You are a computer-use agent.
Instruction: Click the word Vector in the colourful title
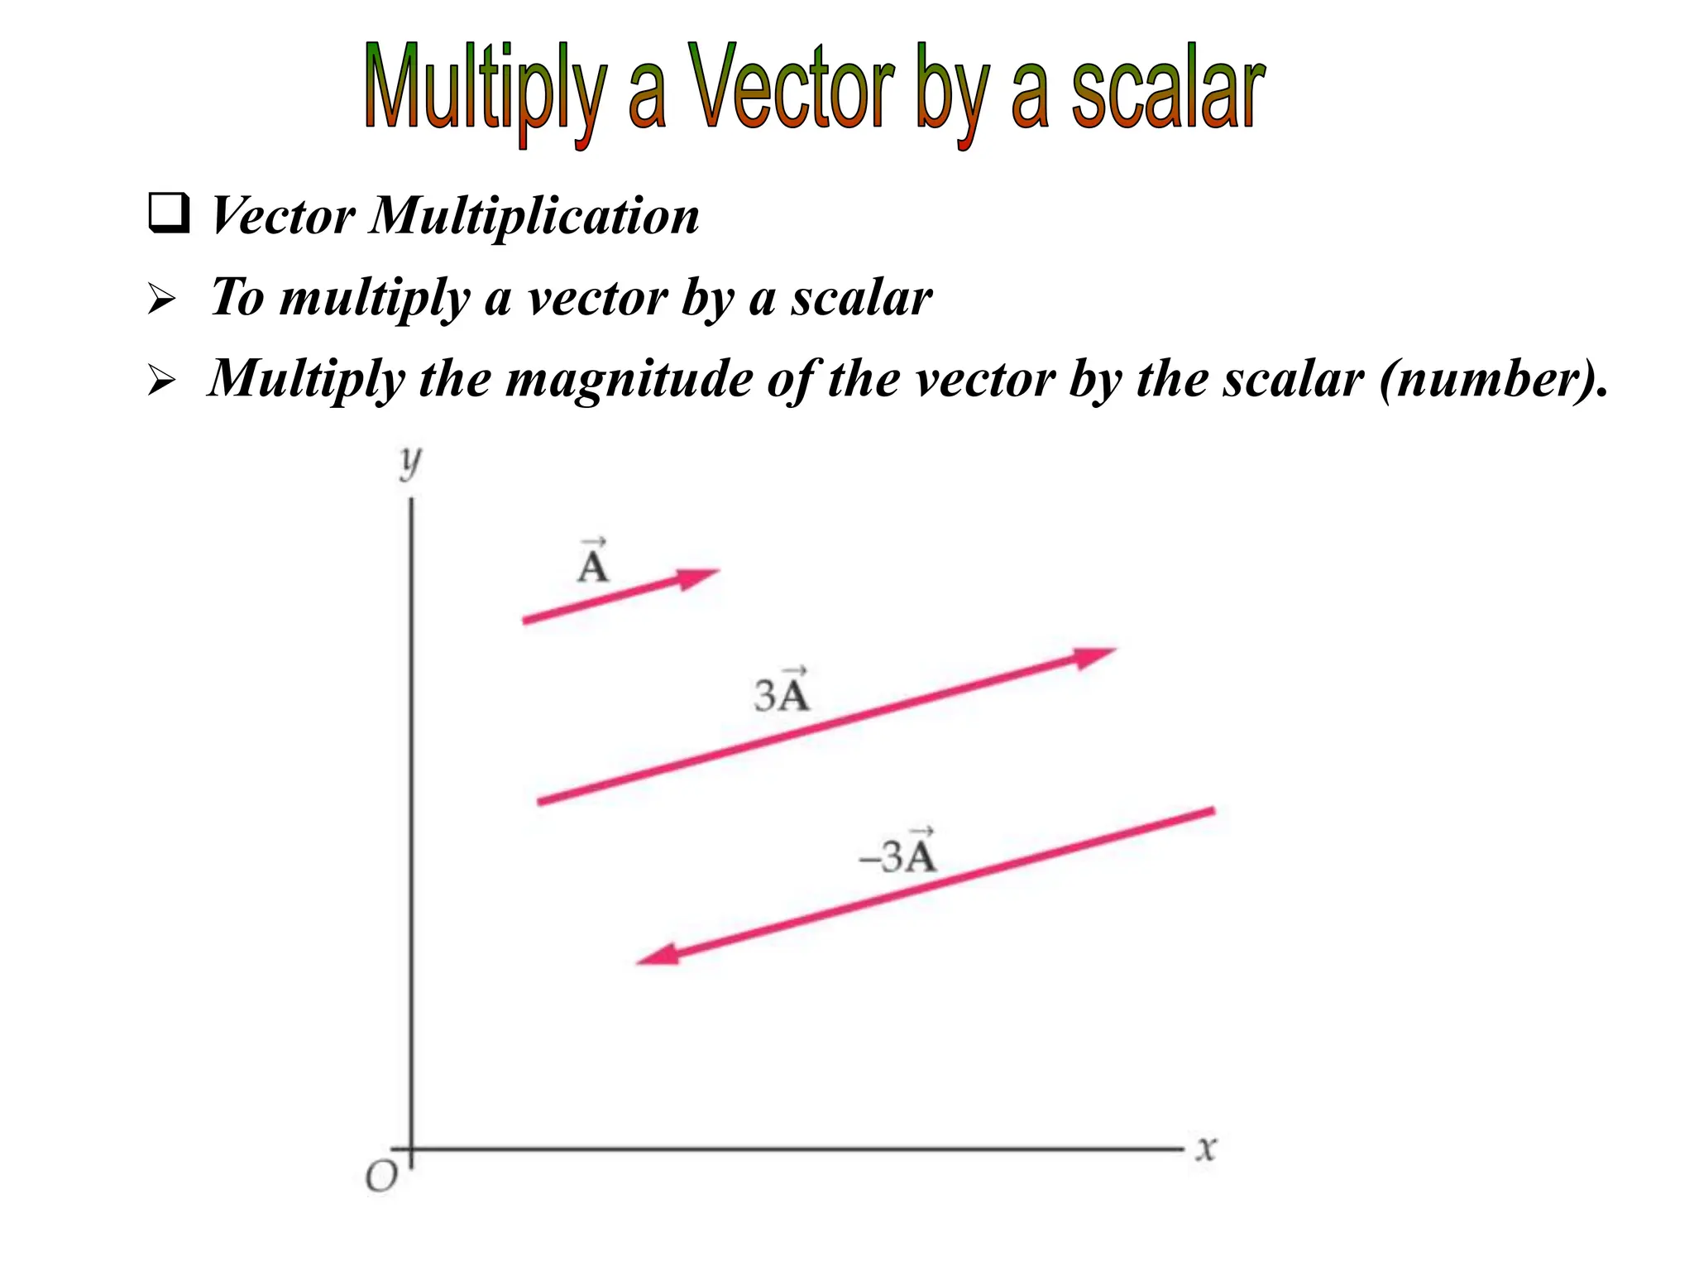pyautogui.click(x=792, y=87)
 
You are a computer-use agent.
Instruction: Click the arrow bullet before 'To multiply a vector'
pyautogui.click(x=161, y=300)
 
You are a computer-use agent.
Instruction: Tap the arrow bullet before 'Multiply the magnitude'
pyautogui.click(x=161, y=381)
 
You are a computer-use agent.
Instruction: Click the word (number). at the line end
pyautogui.click(x=1494, y=380)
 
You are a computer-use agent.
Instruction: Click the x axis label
pyautogui.click(x=1206, y=1149)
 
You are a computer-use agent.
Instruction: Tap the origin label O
pyautogui.click(x=381, y=1176)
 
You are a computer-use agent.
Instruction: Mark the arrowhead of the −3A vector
pyautogui.click(x=658, y=957)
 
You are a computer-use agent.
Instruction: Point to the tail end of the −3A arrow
pyautogui.click(x=1212, y=811)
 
